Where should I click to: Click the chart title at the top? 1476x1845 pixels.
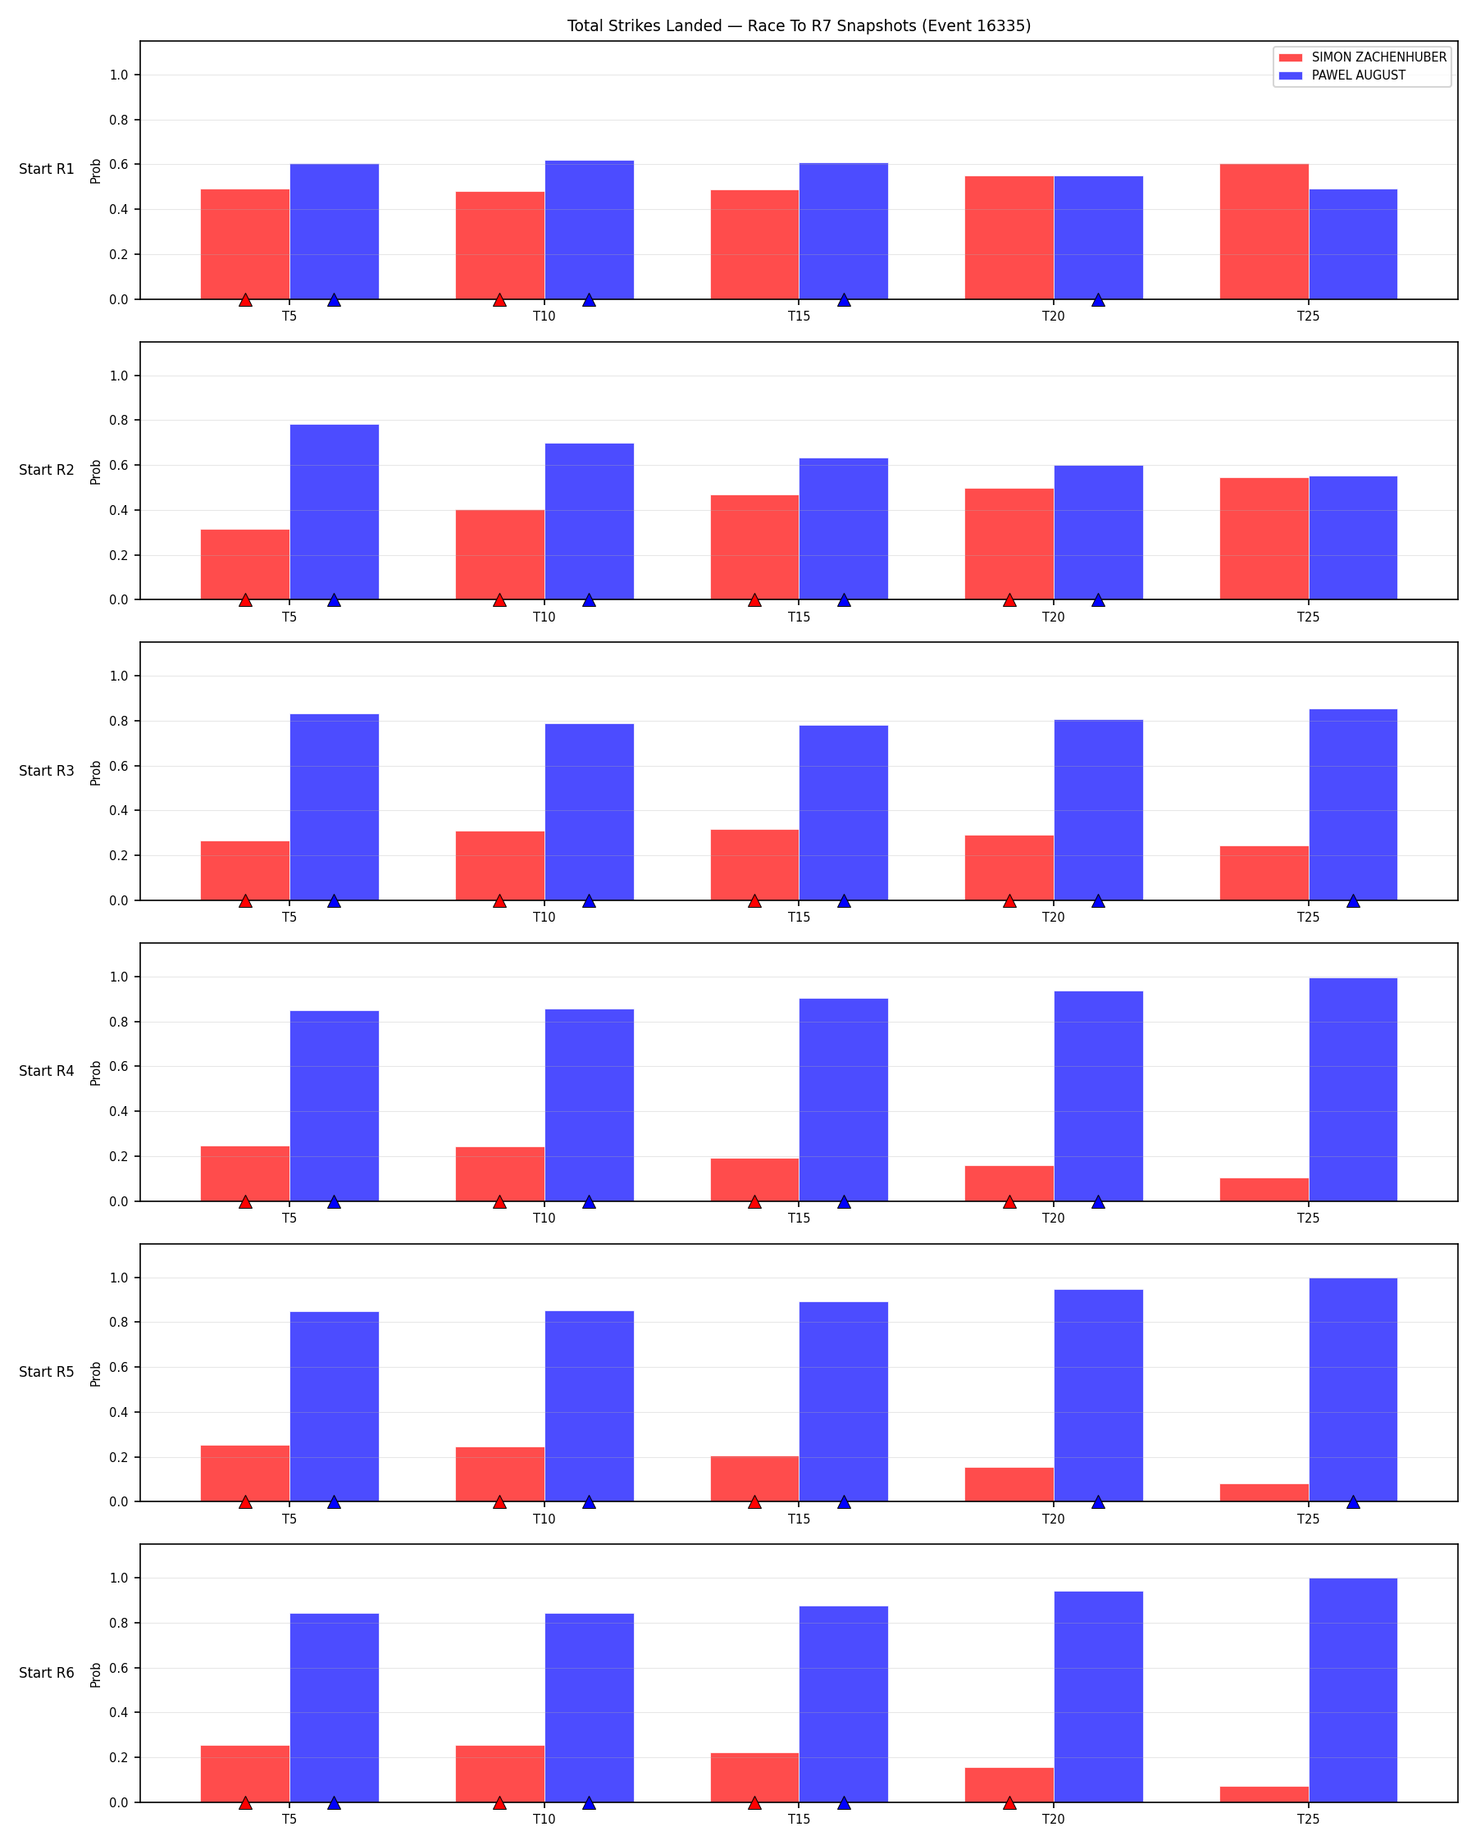click(x=799, y=25)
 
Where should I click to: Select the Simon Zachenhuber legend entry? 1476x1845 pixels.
click(x=1362, y=57)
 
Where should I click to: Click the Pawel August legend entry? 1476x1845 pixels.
click(x=1342, y=75)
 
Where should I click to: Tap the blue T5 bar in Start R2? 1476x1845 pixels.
click(x=335, y=512)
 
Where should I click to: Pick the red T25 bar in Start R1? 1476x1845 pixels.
click(x=1264, y=232)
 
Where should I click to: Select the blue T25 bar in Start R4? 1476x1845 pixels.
click(x=1353, y=1090)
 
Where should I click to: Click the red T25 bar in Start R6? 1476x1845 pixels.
click(x=1264, y=1794)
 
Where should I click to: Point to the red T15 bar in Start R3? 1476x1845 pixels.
click(x=754, y=865)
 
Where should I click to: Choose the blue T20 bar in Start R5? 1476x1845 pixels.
click(x=1099, y=1396)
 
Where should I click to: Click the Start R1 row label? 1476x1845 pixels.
click(x=47, y=170)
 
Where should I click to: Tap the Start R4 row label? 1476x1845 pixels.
click(x=47, y=1072)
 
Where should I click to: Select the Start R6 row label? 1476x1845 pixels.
click(x=47, y=1673)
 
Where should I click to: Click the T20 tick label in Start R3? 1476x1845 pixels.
click(x=1054, y=918)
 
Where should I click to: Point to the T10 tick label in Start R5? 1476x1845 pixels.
click(x=544, y=1519)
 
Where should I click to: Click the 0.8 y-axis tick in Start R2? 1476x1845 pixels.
click(x=119, y=420)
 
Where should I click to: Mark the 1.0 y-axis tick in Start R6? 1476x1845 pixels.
click(x=119, y=1578)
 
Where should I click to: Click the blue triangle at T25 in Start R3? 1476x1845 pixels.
click(x=1353, y=901)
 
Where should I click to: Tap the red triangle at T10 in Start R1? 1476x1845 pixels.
click(x=499, y=300)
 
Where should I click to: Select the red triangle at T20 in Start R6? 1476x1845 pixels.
click(x=1009, y=1803)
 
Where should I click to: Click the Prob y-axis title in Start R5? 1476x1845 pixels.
click(x=96, y=1373)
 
